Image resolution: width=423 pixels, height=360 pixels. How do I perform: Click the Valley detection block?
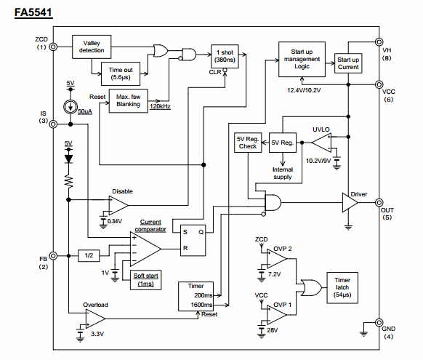point(92,47)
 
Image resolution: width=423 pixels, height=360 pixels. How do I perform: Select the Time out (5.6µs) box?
point(121,73)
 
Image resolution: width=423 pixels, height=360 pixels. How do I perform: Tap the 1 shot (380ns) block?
point(225,56)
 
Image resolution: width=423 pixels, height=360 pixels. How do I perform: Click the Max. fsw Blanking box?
point(128,100)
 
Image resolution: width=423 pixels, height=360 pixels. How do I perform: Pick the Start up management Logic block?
point(302,59)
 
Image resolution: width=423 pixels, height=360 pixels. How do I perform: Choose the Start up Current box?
point(348,63)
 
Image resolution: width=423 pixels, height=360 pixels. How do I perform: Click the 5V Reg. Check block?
point(248,143)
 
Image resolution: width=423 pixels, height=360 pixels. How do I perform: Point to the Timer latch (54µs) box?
point(342,288)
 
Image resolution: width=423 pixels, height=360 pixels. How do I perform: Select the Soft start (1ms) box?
point(145,280)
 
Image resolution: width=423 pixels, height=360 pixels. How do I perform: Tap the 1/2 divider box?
point(89,255)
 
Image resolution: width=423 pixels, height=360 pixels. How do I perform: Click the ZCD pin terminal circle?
point(53,47)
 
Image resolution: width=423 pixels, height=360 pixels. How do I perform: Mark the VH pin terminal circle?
point(379,42)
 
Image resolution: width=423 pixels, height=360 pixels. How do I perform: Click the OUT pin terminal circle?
point(379,202)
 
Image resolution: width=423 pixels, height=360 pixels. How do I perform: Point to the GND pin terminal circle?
point(379,322)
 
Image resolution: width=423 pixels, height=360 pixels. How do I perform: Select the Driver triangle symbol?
point(350,202)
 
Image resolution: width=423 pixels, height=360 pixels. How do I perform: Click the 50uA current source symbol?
point(70,107)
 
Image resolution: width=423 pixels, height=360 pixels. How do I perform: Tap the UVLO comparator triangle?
point(321,143)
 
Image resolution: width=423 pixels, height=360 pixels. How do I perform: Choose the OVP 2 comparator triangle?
point(276,258)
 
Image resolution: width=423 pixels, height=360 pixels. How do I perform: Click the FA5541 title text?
point(33,12)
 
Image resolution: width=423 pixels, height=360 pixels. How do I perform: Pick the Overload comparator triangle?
point(95,319)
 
